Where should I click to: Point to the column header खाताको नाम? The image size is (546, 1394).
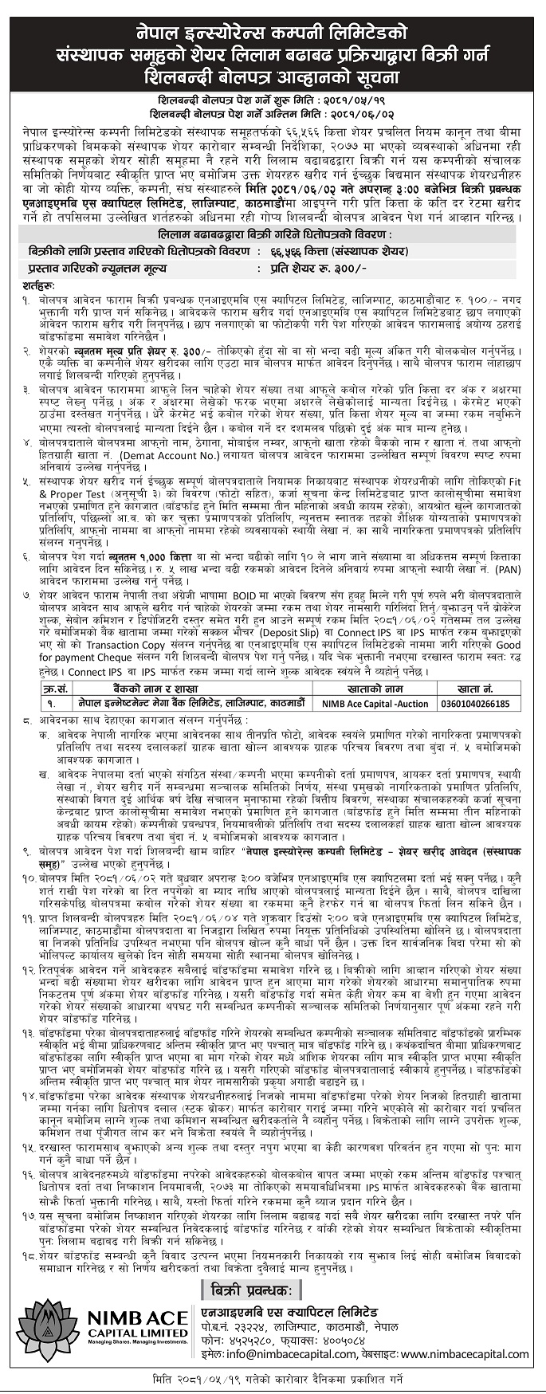(374, 689)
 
